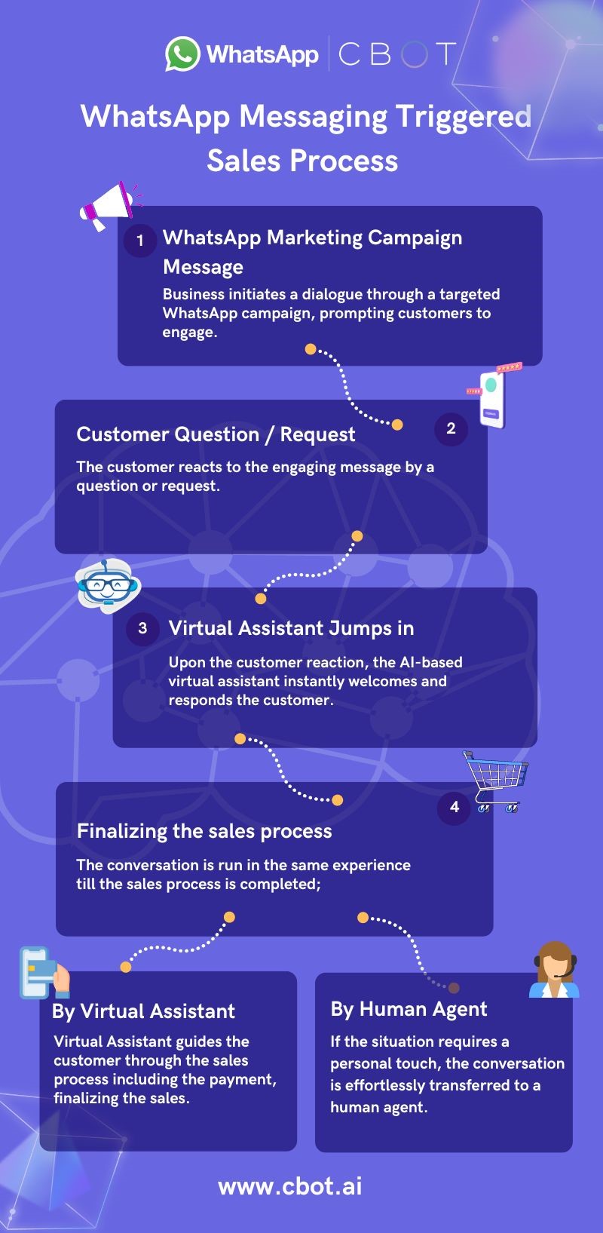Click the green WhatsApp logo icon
tap(182, 54)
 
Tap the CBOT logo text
tap(397, 54)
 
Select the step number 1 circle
tap(140, 240)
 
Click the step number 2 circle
tap(451, 428)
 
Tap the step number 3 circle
tap(142, 628)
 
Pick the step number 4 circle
tap(454, 807)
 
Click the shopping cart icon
tap(496, 781)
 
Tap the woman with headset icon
tap(555, 970)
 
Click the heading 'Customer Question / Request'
tap(216, 434)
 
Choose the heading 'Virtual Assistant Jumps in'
tap(291, 628)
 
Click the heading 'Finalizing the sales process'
tap(204, 831)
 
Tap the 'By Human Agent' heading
tap(409, 1009)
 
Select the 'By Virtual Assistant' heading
tap(144, 1011)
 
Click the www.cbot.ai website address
tap(290, 1185)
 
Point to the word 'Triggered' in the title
tap(464, 117)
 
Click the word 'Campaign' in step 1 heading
tap(415, 238)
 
